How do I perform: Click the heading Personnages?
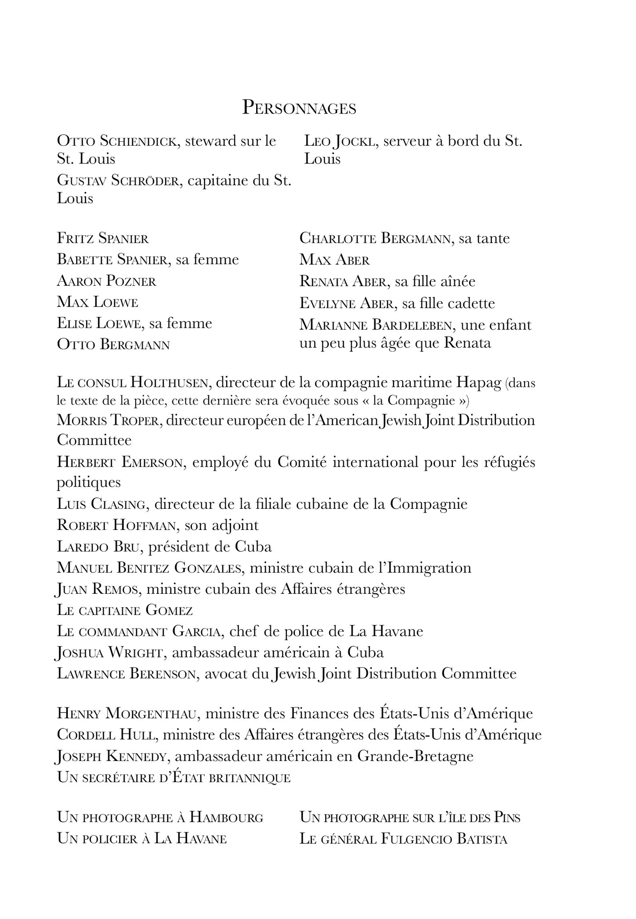299,108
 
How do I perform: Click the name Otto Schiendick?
118,141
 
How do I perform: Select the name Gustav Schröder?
118,181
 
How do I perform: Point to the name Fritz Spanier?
103,239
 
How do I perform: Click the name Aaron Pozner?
107,281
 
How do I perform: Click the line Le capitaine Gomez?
125,610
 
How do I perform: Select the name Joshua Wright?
111,653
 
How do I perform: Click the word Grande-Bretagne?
415,756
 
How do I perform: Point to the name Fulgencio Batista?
444,839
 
